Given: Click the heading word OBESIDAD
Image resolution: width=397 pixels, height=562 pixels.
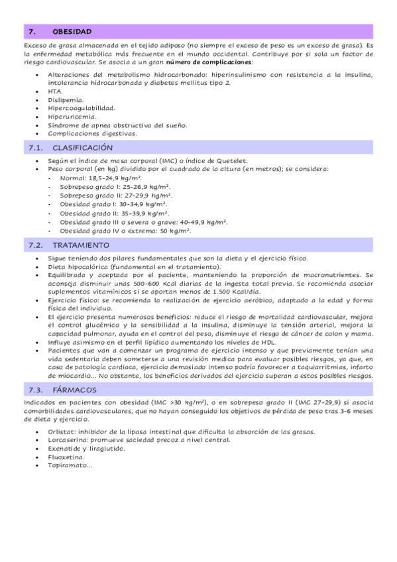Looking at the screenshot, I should (x=72, y=31).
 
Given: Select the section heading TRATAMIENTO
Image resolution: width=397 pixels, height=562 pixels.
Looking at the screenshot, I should (x=81, y=245).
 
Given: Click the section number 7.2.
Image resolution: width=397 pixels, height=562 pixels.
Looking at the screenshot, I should (x=36, y=245).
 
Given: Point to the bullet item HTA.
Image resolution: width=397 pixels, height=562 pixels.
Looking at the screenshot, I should (x=56, y=91).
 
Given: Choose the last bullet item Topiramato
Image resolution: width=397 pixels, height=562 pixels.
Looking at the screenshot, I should (x=70, y=465).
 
